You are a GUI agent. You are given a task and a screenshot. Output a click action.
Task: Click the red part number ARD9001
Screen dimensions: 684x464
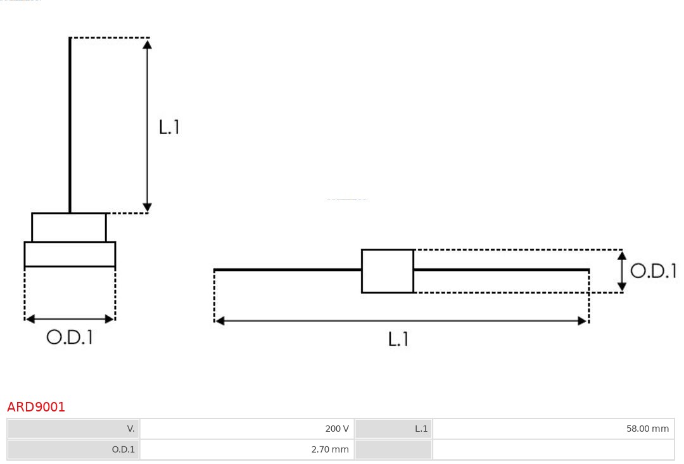click(35, 407)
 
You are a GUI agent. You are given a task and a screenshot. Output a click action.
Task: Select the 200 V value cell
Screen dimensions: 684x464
click(247, 429)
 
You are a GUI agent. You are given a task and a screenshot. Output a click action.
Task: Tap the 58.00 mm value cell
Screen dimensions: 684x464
click(553, 429)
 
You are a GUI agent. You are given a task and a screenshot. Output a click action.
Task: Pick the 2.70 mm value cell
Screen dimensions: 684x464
click(247, 449)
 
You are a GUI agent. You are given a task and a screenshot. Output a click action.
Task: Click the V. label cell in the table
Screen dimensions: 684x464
click(73, 429)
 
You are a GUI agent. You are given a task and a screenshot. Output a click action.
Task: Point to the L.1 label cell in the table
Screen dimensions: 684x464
click(393, 429)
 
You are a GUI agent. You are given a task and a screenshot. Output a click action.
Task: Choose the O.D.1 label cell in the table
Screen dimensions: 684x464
click(73, 449)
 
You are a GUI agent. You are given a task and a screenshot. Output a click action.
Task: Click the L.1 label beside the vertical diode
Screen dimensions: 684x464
click(169, 127)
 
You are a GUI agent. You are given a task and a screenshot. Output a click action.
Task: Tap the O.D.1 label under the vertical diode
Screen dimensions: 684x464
click(70, 337)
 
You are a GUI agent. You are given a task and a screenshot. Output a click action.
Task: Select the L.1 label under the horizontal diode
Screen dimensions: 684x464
click(398, 339)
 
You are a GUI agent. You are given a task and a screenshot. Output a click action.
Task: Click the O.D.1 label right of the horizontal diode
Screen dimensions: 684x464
click(654, 271)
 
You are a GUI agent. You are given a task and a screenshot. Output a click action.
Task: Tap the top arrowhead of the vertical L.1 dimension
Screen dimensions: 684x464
click(148, 44)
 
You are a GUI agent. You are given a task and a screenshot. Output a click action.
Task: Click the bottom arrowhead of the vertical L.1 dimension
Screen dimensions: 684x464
click(148, 207)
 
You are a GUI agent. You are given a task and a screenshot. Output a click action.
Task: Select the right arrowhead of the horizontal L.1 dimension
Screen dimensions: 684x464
click(583, 321)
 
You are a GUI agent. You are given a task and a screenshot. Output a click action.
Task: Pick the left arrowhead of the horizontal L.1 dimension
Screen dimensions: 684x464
click(220, 321)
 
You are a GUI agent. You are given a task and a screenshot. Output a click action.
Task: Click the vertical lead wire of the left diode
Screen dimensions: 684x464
click(70, 125)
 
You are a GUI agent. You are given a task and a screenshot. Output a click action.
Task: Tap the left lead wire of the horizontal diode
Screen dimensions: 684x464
click(288, 270)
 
